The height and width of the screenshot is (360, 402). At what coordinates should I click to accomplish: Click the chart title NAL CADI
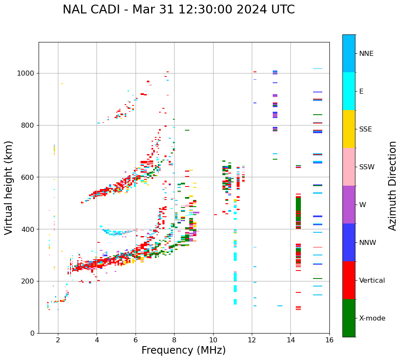coord(178,10)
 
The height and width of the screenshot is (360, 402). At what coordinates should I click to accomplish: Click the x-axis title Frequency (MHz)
coord(183,350)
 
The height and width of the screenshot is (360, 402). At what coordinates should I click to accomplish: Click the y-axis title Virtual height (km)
coord(9,188)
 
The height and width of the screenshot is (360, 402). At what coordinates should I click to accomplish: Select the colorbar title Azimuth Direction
coord(392,186)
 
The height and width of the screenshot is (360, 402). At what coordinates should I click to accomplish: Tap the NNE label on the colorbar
coord(366,54)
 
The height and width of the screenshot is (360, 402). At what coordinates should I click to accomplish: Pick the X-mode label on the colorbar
coord(372,318)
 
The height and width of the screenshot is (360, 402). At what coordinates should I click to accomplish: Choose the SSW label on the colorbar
coord(367,167)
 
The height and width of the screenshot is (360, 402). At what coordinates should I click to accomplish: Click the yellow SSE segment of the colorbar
coord(349,129)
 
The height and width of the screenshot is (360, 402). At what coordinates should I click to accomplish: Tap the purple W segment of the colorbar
coord(349,205)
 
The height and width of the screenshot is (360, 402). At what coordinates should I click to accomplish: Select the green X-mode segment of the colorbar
coord(349,318)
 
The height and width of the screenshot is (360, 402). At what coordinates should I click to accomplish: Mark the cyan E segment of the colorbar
coord(349,91)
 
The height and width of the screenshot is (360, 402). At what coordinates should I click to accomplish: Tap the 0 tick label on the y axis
coord(33,333)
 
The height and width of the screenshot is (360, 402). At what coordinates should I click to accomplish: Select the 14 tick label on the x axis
coord(290,340)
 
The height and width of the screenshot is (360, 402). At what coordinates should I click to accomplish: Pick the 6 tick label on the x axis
coord(136,340)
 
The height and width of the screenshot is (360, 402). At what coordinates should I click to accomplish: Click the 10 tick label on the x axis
coord(213,340)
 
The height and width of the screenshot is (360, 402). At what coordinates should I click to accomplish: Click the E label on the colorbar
coord(361,92)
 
